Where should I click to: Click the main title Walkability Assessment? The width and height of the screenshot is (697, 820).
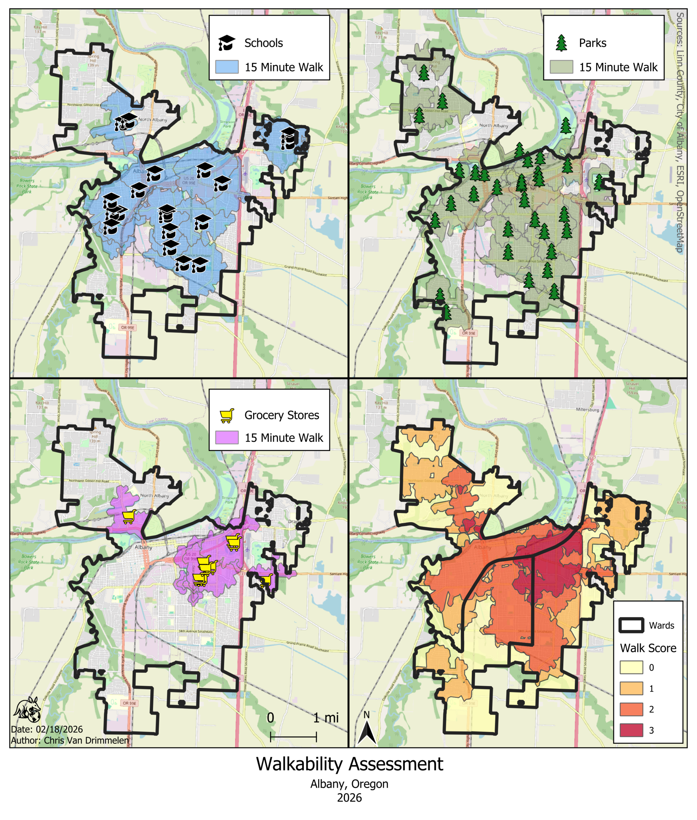[349, 764]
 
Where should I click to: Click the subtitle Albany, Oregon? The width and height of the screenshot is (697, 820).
[349, 783]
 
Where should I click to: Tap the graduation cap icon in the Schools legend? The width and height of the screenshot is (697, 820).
[226, 43]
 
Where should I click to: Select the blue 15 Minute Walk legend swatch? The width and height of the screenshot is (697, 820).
[227, 67]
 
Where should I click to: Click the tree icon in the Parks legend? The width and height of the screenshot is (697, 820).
[561, 43]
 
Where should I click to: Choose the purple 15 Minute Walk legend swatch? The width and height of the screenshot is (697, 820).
[227, 438]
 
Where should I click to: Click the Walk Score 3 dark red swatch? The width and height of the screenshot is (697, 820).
[631, 730]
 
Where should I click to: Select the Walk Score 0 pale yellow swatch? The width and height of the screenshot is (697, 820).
[631, 668]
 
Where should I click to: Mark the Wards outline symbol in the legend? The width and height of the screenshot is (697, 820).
[631, 625]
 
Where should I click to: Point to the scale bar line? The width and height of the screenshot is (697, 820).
[293, 737]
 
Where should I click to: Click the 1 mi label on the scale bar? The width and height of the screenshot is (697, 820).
[326, 717]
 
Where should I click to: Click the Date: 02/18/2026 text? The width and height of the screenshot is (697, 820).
[47, 729]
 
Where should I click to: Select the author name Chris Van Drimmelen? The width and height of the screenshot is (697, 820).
[86, 740]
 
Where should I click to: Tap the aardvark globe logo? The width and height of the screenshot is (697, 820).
[27, 710]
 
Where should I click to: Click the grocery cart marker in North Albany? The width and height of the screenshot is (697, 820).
[129, 516]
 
